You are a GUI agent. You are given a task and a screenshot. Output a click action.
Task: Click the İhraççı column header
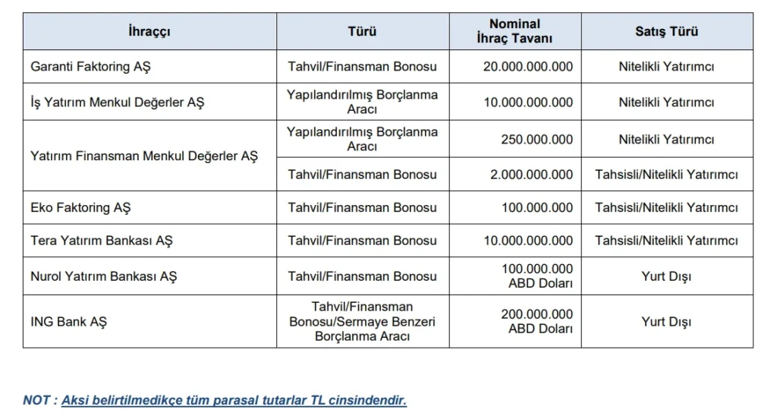tap(149, 32)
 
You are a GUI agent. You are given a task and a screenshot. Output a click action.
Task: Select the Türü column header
tap(362, 32)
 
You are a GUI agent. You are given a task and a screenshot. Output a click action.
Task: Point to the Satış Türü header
tap(666, 32)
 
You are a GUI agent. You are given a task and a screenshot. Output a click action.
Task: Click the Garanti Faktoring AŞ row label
tap(90, 67)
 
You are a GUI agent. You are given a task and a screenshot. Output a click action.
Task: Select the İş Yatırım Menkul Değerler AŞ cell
tap(118, 102)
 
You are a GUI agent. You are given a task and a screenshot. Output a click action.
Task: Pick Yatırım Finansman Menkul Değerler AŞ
tap(144, 156)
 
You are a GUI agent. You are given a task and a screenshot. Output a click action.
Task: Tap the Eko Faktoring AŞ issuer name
tap(81, 207)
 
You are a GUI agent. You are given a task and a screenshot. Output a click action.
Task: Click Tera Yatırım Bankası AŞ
tap(102, 241)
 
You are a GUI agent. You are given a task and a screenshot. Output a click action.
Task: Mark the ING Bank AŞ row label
tap(68, 321)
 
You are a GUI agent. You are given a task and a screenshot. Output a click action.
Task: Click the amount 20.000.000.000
tap(528, 67)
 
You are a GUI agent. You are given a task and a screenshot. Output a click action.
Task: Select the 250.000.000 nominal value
tap(536, 139)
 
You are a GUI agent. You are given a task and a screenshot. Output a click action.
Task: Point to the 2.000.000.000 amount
tap(531, 175)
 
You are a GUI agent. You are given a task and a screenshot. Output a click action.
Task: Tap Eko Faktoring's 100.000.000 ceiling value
tap(536, 207)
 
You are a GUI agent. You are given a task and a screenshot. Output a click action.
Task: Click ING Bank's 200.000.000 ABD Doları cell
tap(536, 321)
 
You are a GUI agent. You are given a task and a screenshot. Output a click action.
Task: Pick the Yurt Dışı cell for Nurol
tap(666, 276)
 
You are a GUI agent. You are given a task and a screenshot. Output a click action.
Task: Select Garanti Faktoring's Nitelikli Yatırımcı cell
tap(666, 67)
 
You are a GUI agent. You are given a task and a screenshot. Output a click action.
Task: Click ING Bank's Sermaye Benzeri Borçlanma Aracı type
tap(362, 321)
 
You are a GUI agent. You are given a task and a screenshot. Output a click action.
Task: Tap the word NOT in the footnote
tap(37, 400)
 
